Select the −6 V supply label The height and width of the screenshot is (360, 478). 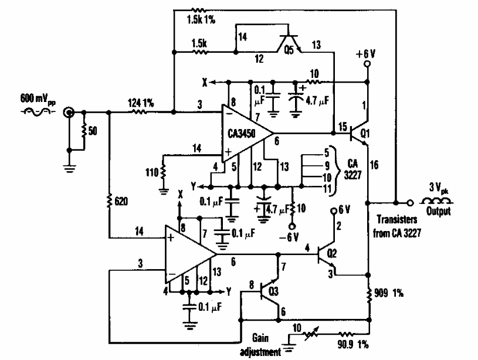click(293, 236)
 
